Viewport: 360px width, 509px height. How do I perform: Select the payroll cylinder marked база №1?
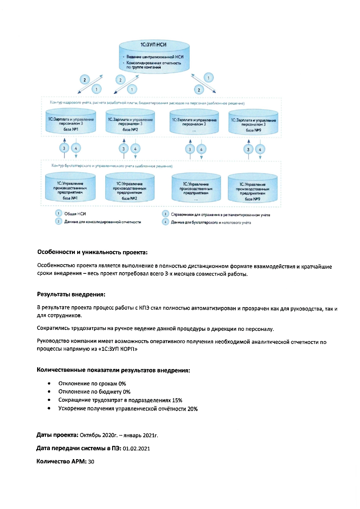tap(71, 122)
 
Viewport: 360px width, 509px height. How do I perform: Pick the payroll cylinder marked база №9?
tap(253, 123)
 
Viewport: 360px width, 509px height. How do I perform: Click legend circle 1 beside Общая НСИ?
tap(59, 213)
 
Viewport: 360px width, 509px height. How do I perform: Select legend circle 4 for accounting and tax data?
tap(165, 222)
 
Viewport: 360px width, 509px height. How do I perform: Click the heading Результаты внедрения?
tap(71, 294)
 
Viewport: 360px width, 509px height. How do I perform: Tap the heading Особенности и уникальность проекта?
tap(92, 252)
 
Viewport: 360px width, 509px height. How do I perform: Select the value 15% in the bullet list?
tap(177, 400)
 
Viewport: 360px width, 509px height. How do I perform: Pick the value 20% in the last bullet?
tap(192, 409)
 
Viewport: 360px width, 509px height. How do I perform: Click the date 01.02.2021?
tap(136, 448)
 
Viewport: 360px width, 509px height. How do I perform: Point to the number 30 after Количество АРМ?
tap(91, 461)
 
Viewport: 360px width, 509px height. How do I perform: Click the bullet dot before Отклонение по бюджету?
tap(49, 392)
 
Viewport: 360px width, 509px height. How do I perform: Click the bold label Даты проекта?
tap(57, 435)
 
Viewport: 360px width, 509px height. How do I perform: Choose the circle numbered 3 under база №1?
tap(64, 148)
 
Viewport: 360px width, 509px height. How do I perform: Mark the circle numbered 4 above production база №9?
tap(260, 150)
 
